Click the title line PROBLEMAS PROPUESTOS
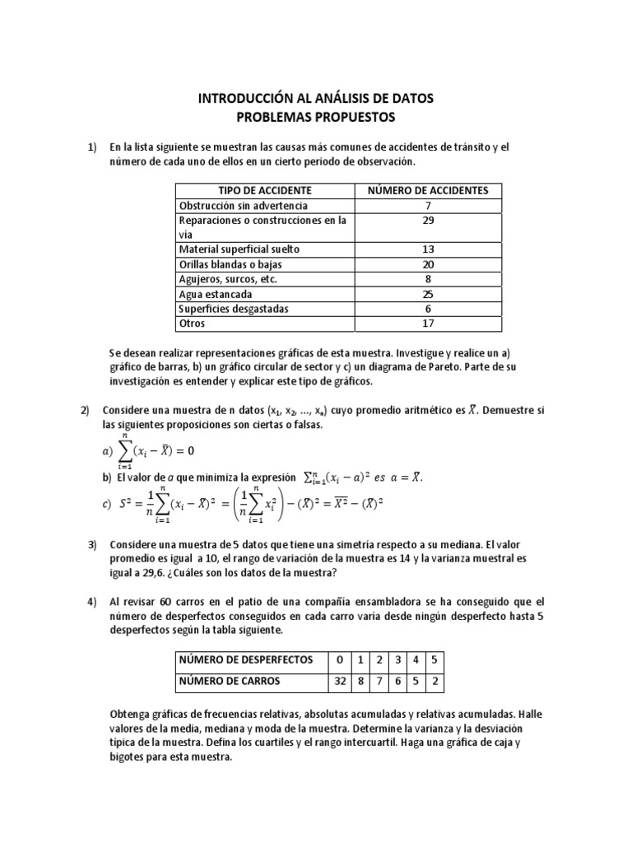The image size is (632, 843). pyautogui.click(x=315, y=117)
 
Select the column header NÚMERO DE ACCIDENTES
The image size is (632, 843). pyautogui.click(x=427, y=190)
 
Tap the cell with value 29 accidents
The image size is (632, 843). pyautogui.click(x=427, y=221)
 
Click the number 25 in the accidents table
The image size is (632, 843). pyautogui.click(x=427, y=294)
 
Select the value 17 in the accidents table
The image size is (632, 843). pyautogui.click(x=427, y=324)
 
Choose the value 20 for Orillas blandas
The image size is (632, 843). pyautogui.click(x=427, y=264)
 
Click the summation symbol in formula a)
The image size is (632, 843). pyautogui.click(x=126, y=450)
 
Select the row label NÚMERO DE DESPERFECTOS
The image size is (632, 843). pyautogui.click(x=246, y=660)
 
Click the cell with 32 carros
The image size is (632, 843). pyautogui.click(x=338, y=681)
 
